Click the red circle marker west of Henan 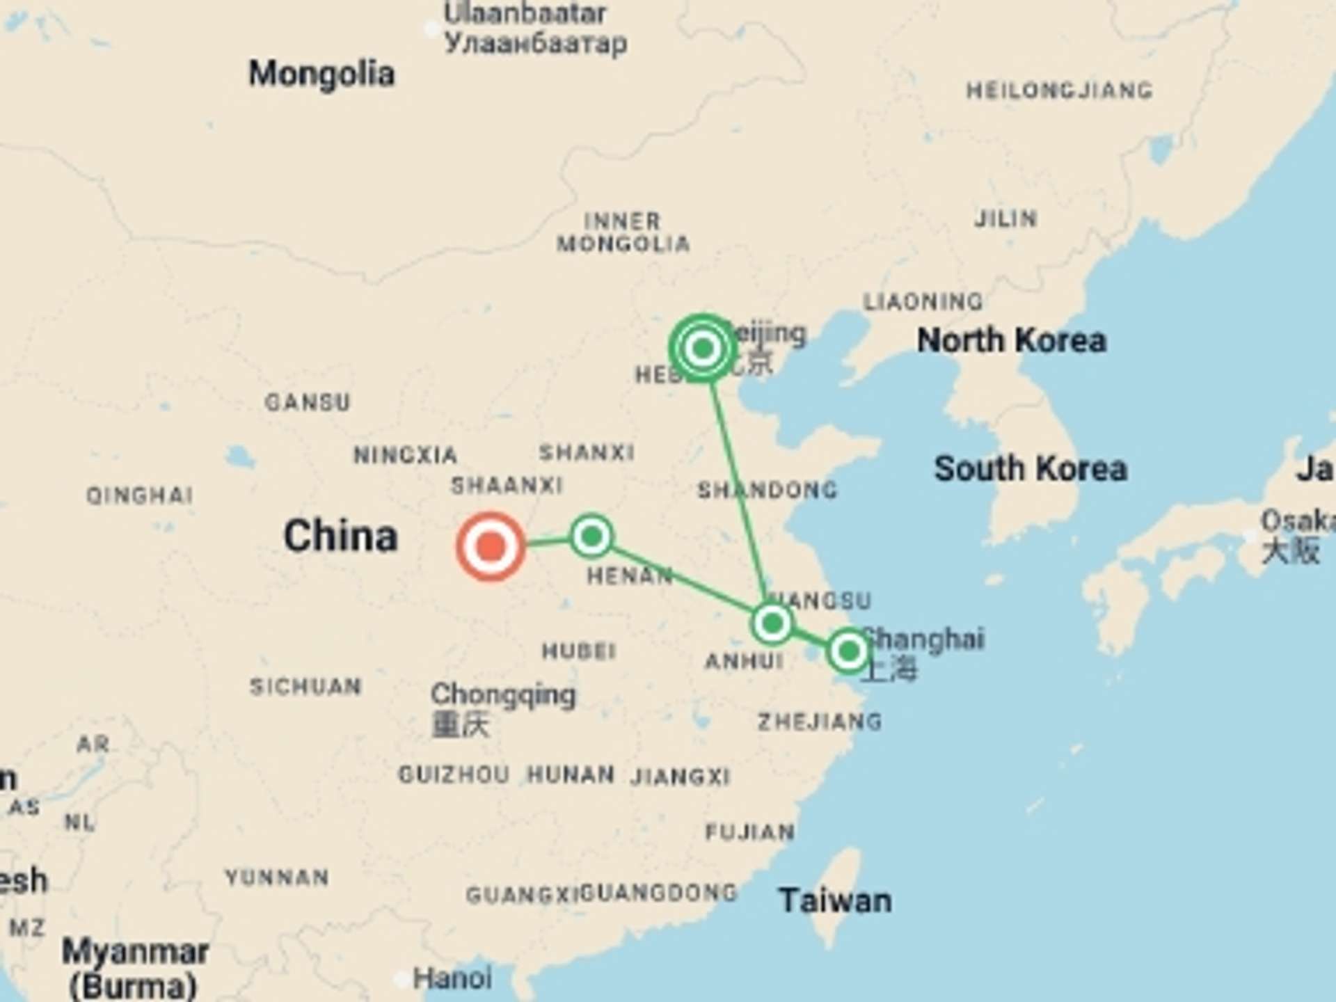point(491,546)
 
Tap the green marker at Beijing point(703,348)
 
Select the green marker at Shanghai point(848,651)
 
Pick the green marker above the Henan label point(591,536)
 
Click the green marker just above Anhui point(772,622)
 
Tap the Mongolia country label point(321,74)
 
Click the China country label point(340,536)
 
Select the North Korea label point(1011,341)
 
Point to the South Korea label point(1030,468)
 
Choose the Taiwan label point(835,900)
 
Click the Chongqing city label point(503,694)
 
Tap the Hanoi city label point(452,978)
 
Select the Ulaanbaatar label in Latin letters point(525,14)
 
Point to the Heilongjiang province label point(1059,90)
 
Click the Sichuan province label point(305,687)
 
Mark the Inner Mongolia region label point(623,232)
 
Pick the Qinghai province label point(139,495)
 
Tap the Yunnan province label point(277,877)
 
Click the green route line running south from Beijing point(738,487)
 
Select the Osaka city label point(1298,520)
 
